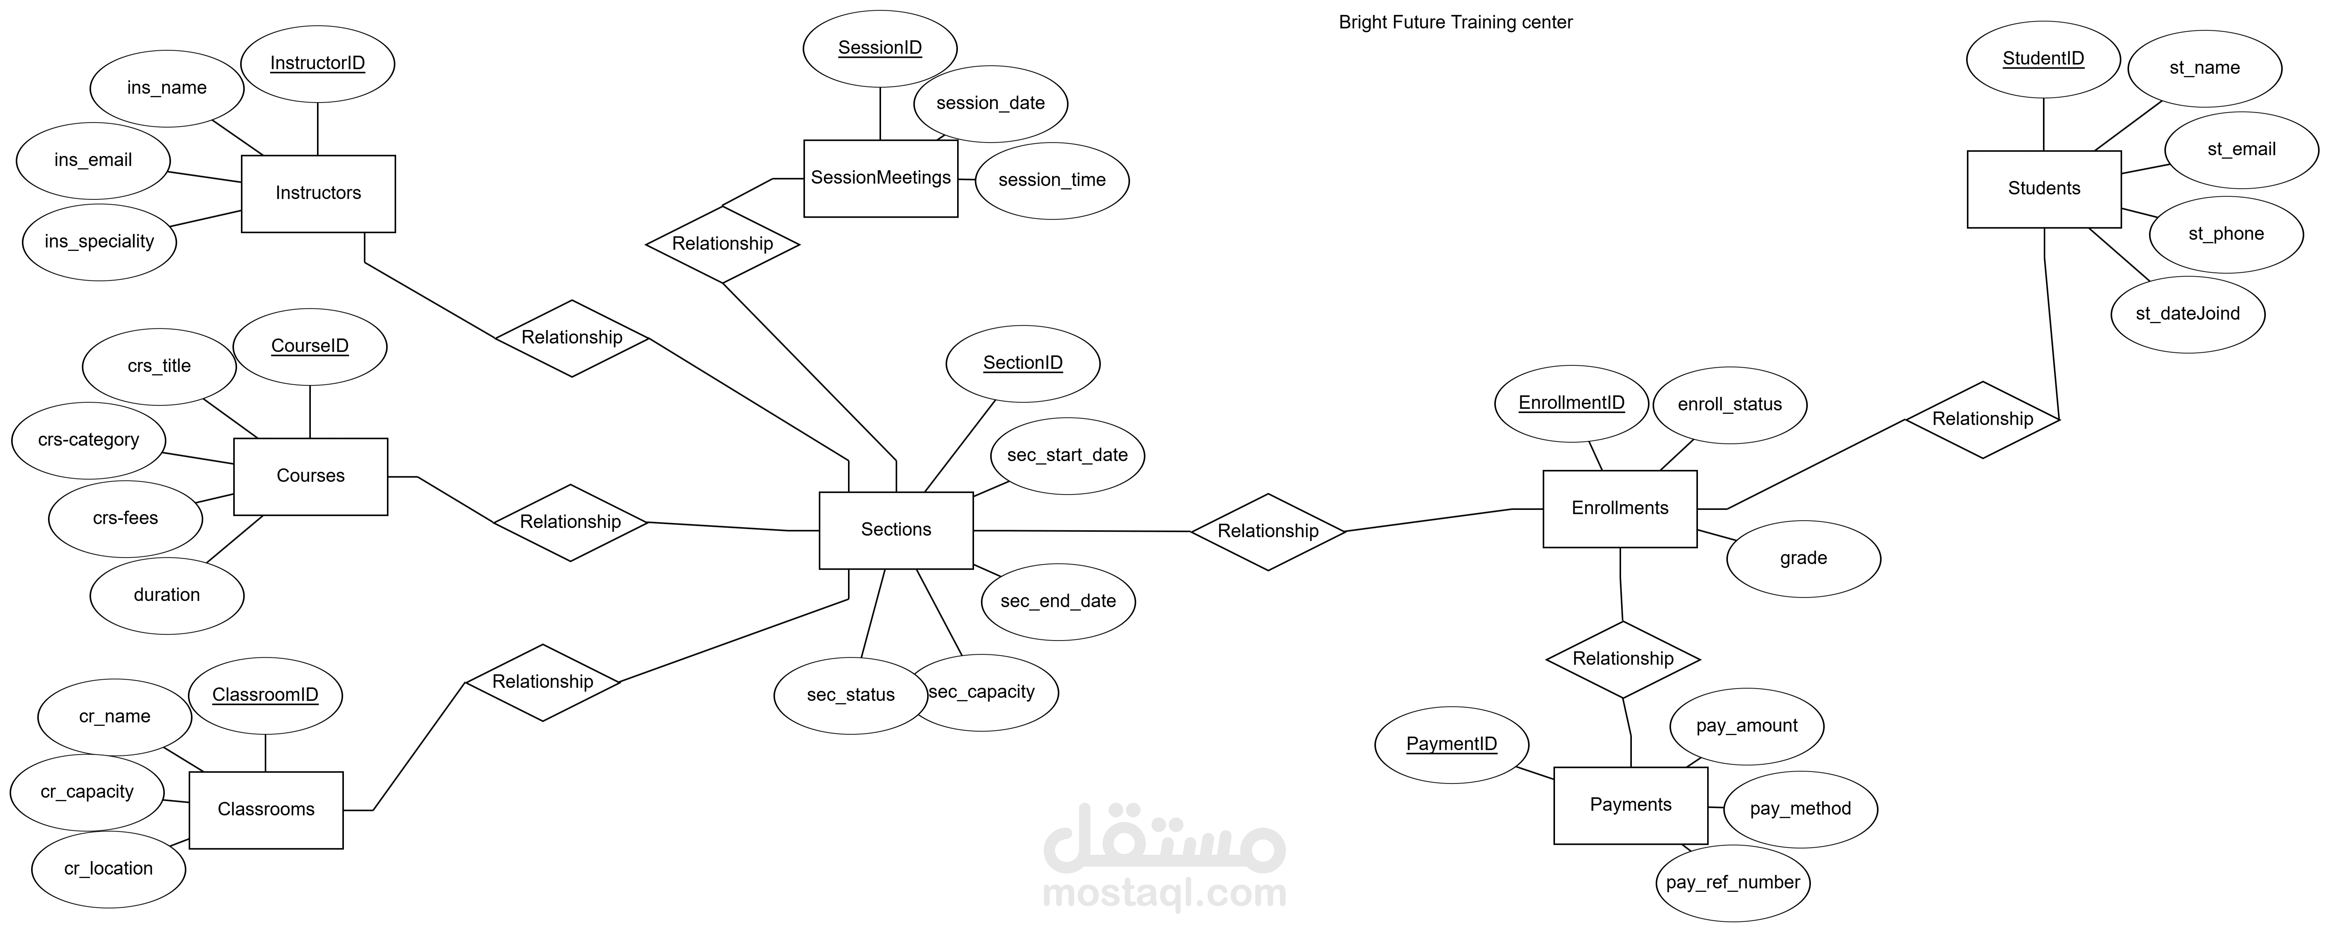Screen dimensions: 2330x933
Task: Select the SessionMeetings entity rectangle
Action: (x=881, y=178)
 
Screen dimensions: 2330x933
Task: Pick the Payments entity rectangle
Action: (x=1631, y=805)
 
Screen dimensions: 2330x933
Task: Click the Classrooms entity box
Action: (x=266, y=810)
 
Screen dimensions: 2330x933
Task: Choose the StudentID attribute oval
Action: (x=2043, y=59)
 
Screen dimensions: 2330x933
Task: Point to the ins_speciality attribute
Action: (x=100, y=242)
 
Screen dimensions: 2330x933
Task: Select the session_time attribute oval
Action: (x=1052, y=180)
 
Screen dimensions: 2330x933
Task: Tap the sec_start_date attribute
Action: (x=1067, y=455)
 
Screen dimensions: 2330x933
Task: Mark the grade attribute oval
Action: (x=1804, y=558)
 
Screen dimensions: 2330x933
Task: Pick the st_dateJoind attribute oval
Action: (x=2188, y=314)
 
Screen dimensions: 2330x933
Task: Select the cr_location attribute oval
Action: (x=108, y=869)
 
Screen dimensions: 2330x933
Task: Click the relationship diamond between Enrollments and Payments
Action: (x=1623, y=659)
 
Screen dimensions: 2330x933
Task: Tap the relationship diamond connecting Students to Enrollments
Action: (x=1983, y=419)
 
